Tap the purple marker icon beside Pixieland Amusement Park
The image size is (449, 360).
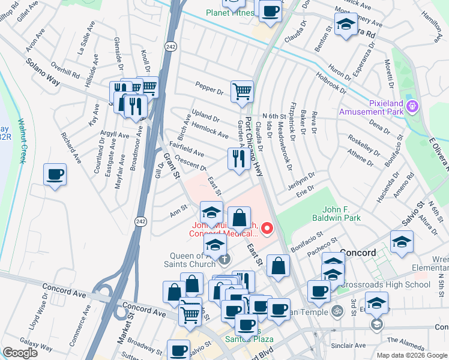[412, 107]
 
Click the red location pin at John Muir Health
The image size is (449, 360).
[267, 228]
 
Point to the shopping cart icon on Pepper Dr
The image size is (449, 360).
[242, 92]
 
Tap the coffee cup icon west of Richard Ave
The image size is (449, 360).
[55, 175]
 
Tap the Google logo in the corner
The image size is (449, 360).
[20, 352]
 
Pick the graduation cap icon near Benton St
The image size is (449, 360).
[345, 25]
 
